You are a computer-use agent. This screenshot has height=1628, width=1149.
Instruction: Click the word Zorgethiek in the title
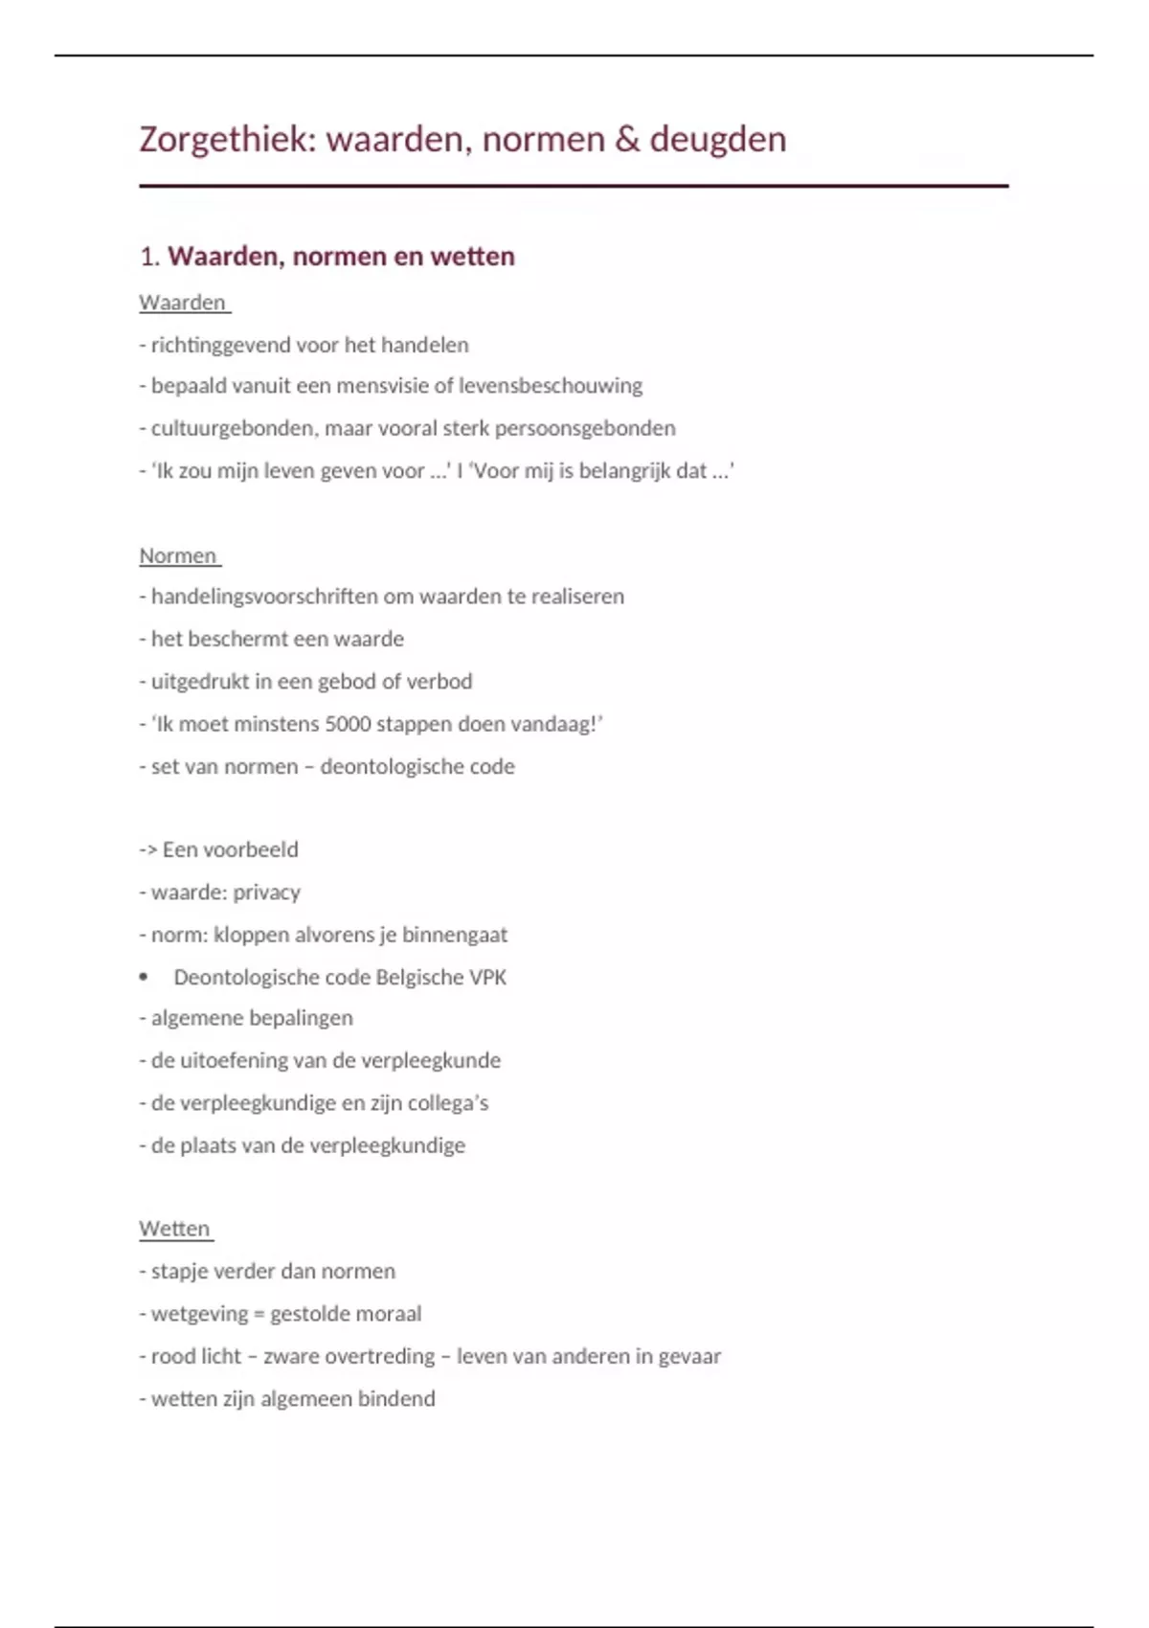tap(227, 140)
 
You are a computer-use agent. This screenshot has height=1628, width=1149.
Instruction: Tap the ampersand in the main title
tap(627, 140)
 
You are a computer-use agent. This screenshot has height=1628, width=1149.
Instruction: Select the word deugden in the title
tap(718, 140)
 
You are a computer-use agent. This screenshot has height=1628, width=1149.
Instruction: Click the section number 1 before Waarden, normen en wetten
tap(147, 257)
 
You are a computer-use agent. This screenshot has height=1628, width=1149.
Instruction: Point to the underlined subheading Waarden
tap(182, 303)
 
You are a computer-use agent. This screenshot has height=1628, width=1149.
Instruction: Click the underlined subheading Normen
tap(178, 555)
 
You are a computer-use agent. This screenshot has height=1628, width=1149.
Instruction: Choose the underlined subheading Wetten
tap(174, 1229)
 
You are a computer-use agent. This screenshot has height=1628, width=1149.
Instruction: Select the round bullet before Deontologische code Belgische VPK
tap(144, 978)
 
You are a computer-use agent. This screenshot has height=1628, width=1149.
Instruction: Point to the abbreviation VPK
tap(487, 978)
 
